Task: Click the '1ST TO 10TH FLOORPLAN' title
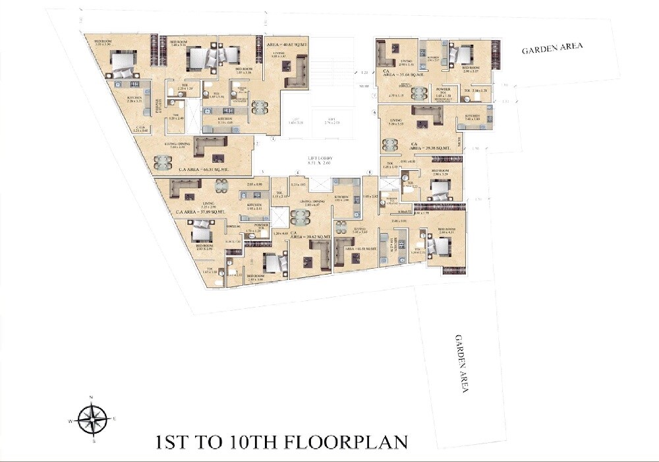(281, 442)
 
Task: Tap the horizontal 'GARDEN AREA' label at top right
(552, 49)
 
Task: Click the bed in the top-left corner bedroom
(122, 64)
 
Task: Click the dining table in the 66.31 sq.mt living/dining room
(161, 161)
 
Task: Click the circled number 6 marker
(374, 113)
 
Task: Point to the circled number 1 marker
(257, 143)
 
